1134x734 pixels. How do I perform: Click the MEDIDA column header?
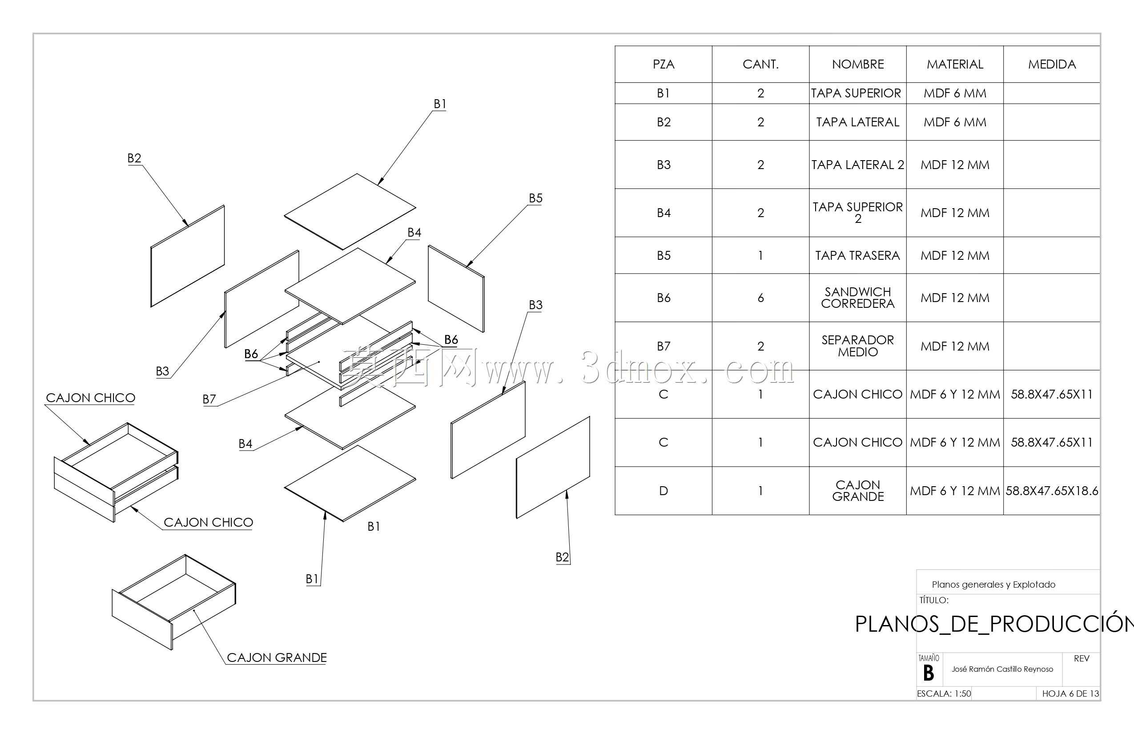click(x=1052, y=65)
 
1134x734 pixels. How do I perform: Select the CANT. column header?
click(x=760, y=65)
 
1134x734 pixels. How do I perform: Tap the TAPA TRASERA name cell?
click(x=858, y=255)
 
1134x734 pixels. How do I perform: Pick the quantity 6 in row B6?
click(x=760, y=298)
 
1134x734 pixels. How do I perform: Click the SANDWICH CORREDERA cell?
click(x=858, y=298)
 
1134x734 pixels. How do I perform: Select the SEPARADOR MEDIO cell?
click(x=858, y=346)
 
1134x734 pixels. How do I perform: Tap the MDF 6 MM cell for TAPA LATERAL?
click(x=955, y=122)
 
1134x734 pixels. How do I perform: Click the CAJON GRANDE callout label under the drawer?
click(x=277, y=657)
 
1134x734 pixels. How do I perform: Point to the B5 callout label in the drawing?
click(x=535, y=198)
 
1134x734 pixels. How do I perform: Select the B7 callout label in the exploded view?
click(x=209, y=399)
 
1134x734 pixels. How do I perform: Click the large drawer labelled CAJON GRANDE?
click(x=173, y=601)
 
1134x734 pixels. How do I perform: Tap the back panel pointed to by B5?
click(x=456, y=288)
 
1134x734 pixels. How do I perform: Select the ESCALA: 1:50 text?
click(x=944, y=694)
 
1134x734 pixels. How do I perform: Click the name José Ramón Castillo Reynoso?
click(x=1002, y=669)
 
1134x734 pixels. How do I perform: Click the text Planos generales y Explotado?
click(x=993, y=585)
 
